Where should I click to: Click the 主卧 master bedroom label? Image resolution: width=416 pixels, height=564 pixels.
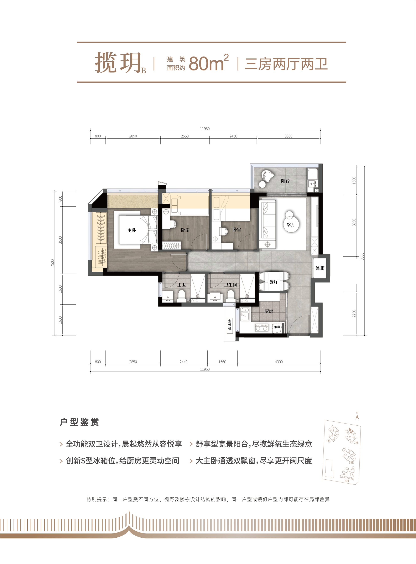(x=132, y=230)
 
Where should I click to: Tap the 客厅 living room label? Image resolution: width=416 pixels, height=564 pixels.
(x=291, y=224)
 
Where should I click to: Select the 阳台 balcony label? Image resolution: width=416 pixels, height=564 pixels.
(x=285, y=181)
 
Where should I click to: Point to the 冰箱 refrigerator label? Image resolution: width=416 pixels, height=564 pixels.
(x=320, y=268)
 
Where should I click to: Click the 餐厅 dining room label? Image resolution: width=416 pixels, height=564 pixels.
(x=274, y=282)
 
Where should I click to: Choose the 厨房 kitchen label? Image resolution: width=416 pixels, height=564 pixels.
(x=269, y=311)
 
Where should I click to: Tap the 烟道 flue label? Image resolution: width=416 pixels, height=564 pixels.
(x=277, y=327)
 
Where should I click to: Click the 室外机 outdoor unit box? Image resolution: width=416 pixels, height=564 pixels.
(x=230, y=325)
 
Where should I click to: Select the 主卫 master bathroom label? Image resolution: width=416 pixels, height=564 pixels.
(x=182, y=285)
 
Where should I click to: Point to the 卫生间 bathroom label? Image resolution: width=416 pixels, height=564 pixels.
(x=231, y=285)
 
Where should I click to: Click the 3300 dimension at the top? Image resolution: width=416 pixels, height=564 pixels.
(x=288, y=136)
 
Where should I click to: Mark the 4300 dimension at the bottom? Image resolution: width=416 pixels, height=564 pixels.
(x=279, y=362)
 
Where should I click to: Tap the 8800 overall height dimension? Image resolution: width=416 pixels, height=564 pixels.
(x=362, y=256)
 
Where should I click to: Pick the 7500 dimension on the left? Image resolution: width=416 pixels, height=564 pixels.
(x=52, y=263)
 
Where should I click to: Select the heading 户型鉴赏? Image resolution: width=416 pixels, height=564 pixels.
(x=79, y=422)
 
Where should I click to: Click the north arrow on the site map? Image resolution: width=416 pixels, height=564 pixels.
(x=357, y=416)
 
